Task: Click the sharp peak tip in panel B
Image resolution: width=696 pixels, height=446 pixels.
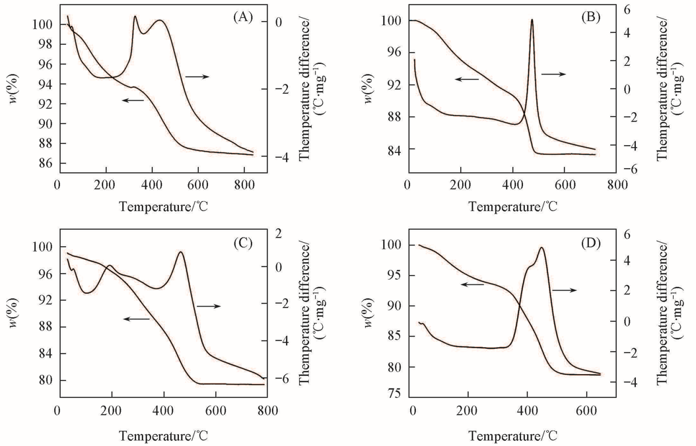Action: click(532, 20)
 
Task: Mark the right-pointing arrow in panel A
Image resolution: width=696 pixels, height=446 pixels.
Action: click(197, 77)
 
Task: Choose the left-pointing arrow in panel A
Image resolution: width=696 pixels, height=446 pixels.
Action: click(133, 100)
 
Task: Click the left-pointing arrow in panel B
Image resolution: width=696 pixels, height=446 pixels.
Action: click(466, 79)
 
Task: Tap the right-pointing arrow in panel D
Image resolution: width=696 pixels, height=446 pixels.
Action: click(565, 290)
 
